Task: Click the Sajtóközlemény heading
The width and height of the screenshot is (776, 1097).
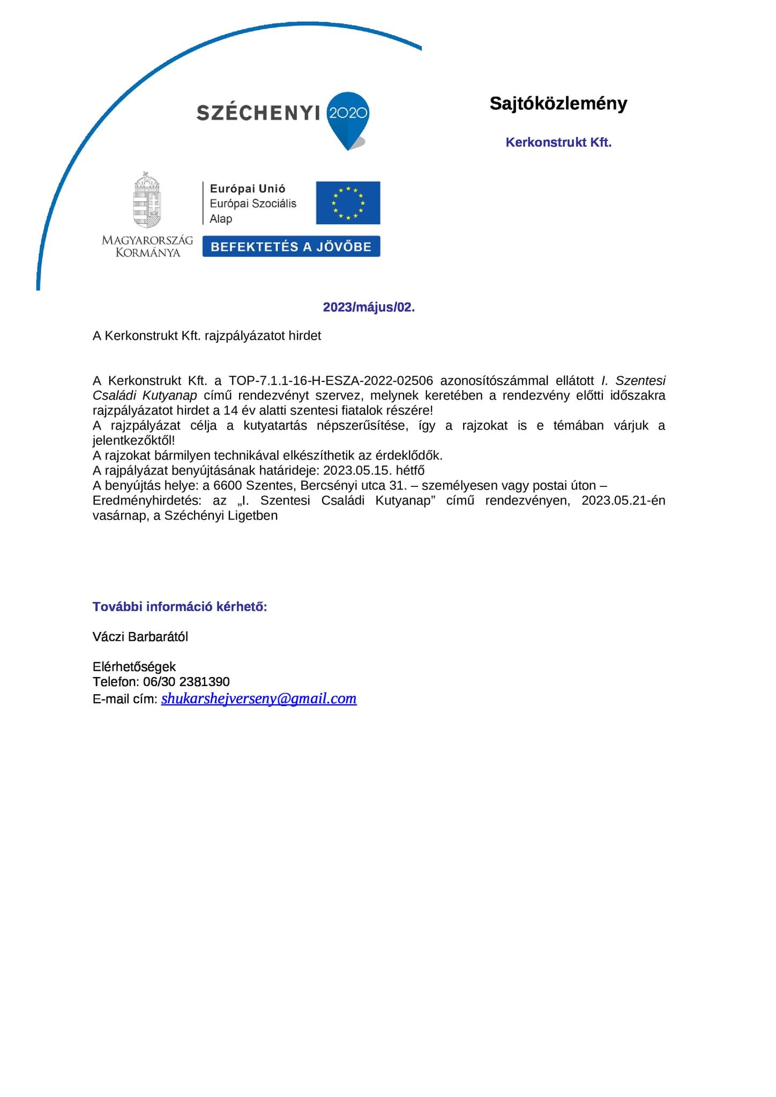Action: click(558, 103)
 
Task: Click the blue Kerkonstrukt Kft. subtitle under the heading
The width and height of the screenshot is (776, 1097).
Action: click(558, 142)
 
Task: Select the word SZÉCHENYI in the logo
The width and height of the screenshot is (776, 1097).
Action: click(258, 113)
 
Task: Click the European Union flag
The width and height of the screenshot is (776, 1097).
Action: click(348, 202)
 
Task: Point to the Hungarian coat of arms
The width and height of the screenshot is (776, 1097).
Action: click(147, 201)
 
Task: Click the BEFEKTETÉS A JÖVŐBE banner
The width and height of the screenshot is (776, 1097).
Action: click(291, 246)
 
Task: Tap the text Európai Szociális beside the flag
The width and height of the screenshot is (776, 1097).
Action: click(253, 204)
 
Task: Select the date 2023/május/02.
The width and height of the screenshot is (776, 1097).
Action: click(369, 307)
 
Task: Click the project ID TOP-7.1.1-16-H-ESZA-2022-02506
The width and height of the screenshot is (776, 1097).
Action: click(330, 381)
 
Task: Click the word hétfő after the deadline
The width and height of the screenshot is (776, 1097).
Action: click(410, 471)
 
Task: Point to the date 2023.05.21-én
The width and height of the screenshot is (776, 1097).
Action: click(623, 501)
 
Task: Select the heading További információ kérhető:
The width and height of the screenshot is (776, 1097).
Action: click(180, 607)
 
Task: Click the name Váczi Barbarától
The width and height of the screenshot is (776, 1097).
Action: click(140, 637)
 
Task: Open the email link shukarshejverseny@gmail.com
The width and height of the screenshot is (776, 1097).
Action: click(259, 698)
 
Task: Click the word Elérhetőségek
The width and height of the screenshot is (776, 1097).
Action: click(134, 667)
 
